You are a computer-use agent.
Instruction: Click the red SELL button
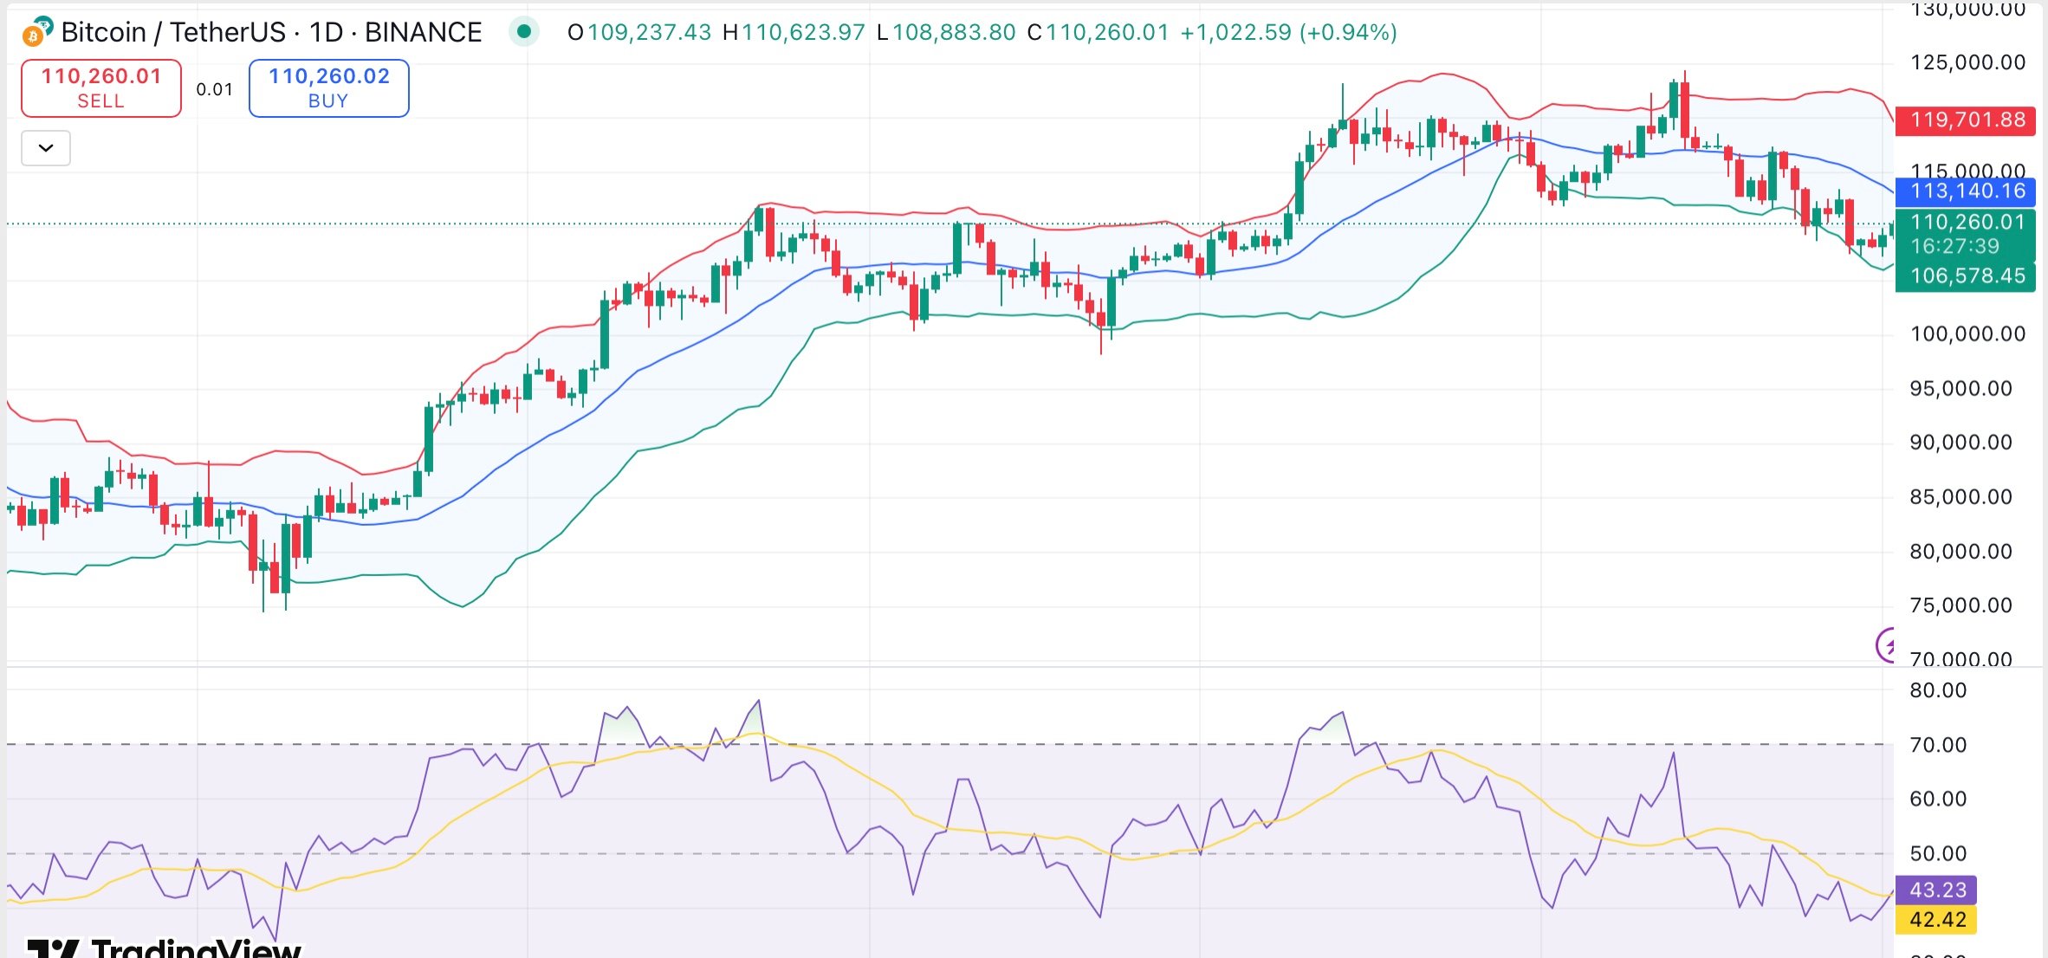tap(100, 87)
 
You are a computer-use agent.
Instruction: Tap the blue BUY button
tap(328, 87)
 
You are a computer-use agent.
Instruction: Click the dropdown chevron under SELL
tap(46, 148)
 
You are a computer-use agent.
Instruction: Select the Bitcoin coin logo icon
tap(36, 32)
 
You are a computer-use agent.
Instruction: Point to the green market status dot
tap(523, 32)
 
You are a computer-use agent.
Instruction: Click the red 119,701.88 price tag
tap(1965, 120)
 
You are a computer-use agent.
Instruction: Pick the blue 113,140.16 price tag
tap(1965, 191)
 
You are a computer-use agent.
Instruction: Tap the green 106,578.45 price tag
tap(1965, 276)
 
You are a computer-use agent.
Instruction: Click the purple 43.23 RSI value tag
tap(1936, 890)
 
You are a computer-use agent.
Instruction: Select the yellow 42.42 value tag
tap(1936, 919)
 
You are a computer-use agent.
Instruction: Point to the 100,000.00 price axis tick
tap(1967, 334)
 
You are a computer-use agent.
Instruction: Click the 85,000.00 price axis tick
tap(1961, 497)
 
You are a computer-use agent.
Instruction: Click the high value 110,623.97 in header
tap(803, 33)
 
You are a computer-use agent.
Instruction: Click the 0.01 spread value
tap(214, 89)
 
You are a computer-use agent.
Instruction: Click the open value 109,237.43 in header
tap(649, 33)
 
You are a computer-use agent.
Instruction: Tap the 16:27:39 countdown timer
tap(1954, 247)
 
